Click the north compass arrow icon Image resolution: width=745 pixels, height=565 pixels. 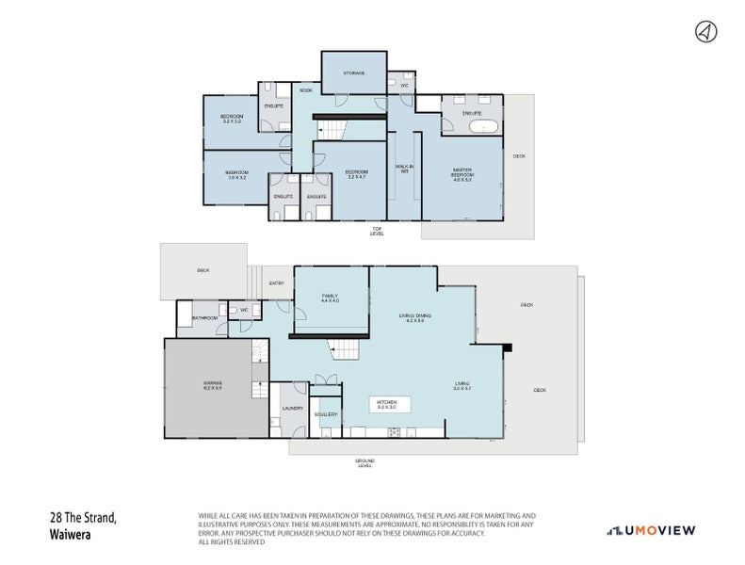pyautogui.click(x=704, y=32)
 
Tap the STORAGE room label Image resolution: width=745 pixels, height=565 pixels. pyautogui.click(x=353, y=73)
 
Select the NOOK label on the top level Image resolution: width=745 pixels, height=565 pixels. pyautogui.click(x=305, y=90)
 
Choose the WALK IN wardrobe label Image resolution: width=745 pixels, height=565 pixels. pyautogui.click(x=404, y=169)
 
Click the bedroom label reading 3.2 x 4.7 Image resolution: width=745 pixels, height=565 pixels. pyautogui.click(x=356, y=174)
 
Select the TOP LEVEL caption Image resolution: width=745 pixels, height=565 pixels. pyautogui.click(x=376, y=231)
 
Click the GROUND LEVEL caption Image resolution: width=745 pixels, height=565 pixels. pyautogui.click(x=364, y=462)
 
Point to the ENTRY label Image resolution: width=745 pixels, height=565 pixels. pyautogui.click(x=276, y=283)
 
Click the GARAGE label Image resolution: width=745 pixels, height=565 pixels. pyautogui.click(x=212, y=385)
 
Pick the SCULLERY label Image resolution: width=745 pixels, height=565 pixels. pyautogui.click(x=326, y=414)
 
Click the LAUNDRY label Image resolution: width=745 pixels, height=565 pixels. pyautogui.click(x=292, y=408)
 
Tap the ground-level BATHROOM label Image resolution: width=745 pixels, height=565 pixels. pyautogui.click(x=205, y=318)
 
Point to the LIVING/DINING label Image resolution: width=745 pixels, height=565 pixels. pyautogui.click(x=411, y=318)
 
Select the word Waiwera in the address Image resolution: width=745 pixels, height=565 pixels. pyautogui.click(x=71, y=532)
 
